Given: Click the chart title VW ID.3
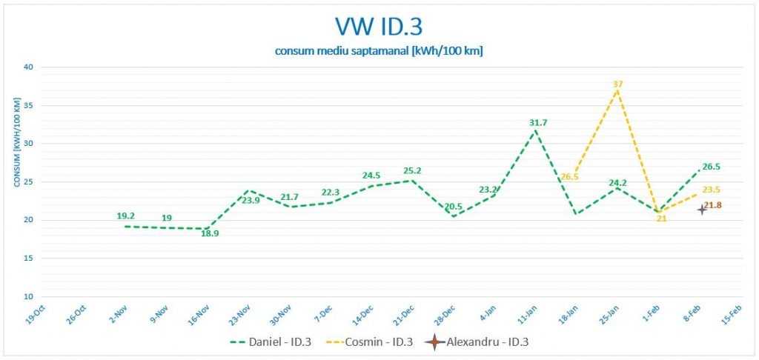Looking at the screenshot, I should pyautogui.click(x=379, y=27).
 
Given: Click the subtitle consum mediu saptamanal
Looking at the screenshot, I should pyautogui.click(x=379, y=50).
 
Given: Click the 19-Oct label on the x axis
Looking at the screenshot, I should pyautogui.click(x=35, y=316).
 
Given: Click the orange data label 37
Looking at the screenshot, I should pyautogui.click(x=617, y=84).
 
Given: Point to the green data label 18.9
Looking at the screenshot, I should pyautogui.click(x=211, y=233).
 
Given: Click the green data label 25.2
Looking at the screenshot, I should pyautogui.click(x=412, y=171).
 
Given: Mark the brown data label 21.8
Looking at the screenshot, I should pyautogui.click(x=712, y=205).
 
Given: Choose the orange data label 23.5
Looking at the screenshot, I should pyautogui.click(x=712, y=190).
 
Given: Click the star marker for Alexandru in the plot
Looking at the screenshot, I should pyautogui.click(x=701, y=210).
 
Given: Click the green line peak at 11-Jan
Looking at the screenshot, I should pyautogui.click(x=534, y=131).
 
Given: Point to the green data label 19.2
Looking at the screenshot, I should pyautogui.click(x=125, y=216).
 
